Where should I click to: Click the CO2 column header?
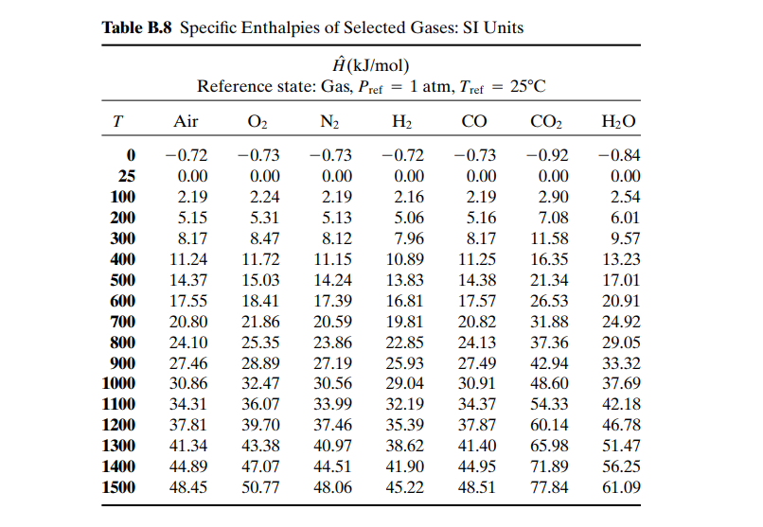point(546,121)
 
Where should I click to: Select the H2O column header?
point(618,121)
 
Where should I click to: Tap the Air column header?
point(186,120)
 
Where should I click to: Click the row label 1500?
point(118,487)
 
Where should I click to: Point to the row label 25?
point(127,176)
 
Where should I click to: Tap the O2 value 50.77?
point(261,487)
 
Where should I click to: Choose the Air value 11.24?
point(188,259)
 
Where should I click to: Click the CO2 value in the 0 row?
point(547,155)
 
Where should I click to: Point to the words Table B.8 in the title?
point(136,27)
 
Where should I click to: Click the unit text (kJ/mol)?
point(378,65)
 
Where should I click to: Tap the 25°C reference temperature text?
point(528,86)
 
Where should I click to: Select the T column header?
point(117,121)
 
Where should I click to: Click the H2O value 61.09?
point(621,487)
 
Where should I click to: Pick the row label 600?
point(123,301)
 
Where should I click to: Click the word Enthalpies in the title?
point(280,27)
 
